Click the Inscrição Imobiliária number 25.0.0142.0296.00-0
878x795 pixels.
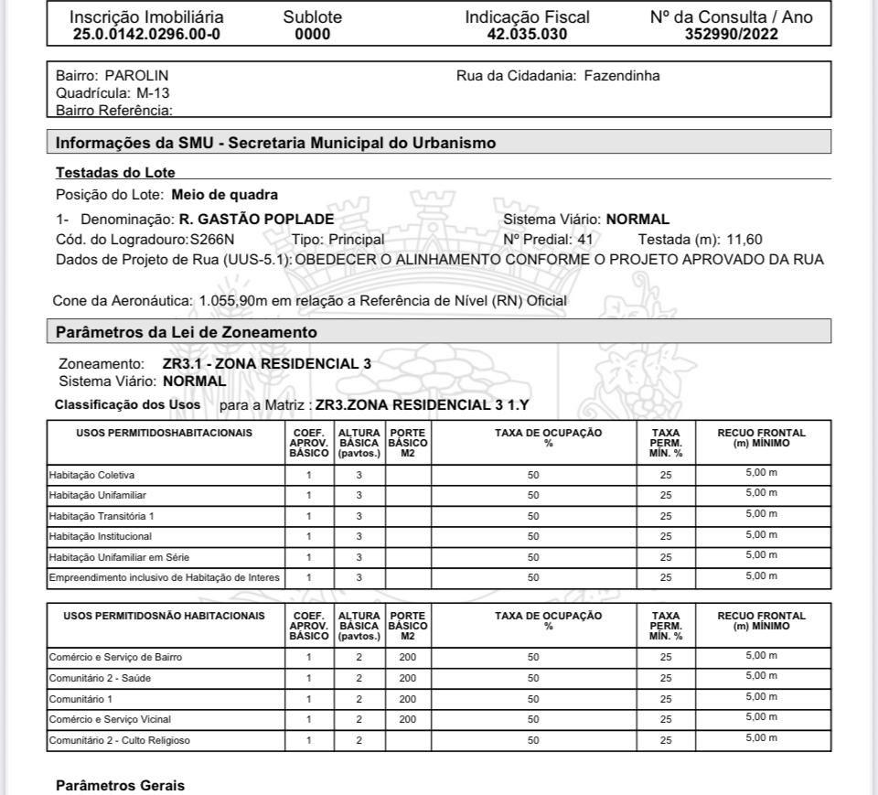click(146, 35)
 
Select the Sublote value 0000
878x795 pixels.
click(313, 35)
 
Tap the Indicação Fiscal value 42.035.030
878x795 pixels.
click(528, 35)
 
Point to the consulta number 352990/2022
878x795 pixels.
click(731, 35)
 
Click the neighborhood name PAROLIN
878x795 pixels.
click(137, 75)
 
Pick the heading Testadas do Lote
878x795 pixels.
click(115, 172)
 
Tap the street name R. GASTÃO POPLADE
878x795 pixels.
click(256, 220)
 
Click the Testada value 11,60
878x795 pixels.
click(744, 240)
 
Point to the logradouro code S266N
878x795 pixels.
click(212, 240)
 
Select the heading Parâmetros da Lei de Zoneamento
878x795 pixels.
click(187, 331)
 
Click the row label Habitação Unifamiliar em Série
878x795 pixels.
click(119, 557)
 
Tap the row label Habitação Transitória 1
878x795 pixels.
click(102, 516)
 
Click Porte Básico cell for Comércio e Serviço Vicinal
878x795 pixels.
click(408, 719)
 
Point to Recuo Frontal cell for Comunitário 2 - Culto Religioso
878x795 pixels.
click(761, 738)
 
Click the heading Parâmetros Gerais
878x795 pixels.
click(120, 786)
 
